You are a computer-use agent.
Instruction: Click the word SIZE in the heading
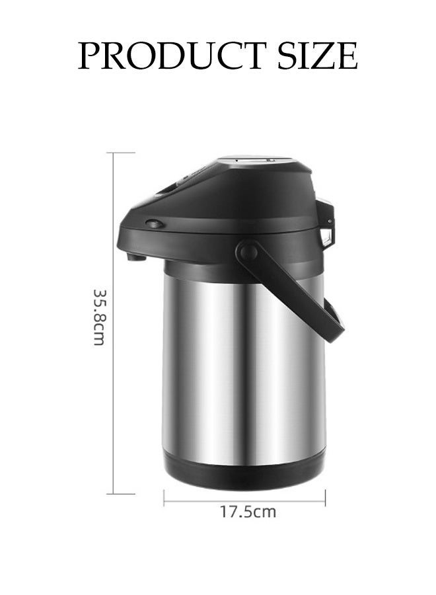point(318,56)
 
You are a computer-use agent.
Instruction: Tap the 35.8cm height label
point(99,317)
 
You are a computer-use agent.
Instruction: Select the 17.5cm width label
point(248,512)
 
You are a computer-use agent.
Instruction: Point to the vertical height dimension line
point(114,323)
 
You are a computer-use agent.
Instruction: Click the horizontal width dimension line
point(244,501)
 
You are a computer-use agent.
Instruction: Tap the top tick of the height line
point(121,153)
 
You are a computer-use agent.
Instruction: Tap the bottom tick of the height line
point(121,494)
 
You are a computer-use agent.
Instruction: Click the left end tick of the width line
point(164,498)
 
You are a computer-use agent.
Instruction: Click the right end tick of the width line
point(325,498)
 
